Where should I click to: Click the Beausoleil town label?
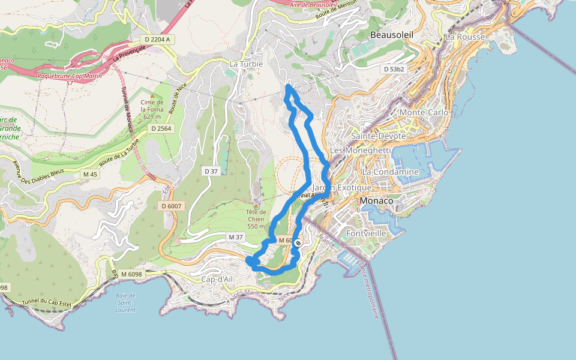point(392,35)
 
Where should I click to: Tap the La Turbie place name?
point(246,64)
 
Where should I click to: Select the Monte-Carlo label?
point(424,112)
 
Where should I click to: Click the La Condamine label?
point(390,172)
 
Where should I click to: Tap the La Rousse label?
point(465,37)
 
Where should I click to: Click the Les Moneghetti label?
point(361,150)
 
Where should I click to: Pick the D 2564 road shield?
point(161,128)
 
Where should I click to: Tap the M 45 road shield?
point(90,174)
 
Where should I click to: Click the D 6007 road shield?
point(171,206)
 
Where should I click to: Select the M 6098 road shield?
point(131,274)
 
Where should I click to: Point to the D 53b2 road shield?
point(394,69)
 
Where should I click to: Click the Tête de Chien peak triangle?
point(256,205)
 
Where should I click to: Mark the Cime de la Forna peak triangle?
point(152,95)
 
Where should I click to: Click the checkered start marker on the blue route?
point(298,243)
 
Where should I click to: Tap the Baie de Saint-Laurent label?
point(125,302)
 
